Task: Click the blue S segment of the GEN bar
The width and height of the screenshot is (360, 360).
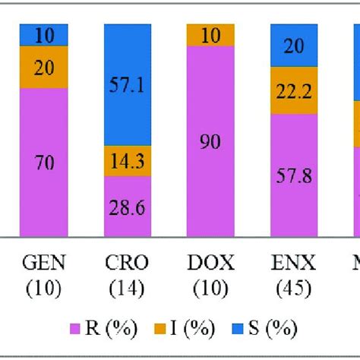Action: (44, 35)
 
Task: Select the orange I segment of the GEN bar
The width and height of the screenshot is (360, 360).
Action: (44, 67)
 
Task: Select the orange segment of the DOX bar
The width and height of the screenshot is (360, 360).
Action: (210, 35)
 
